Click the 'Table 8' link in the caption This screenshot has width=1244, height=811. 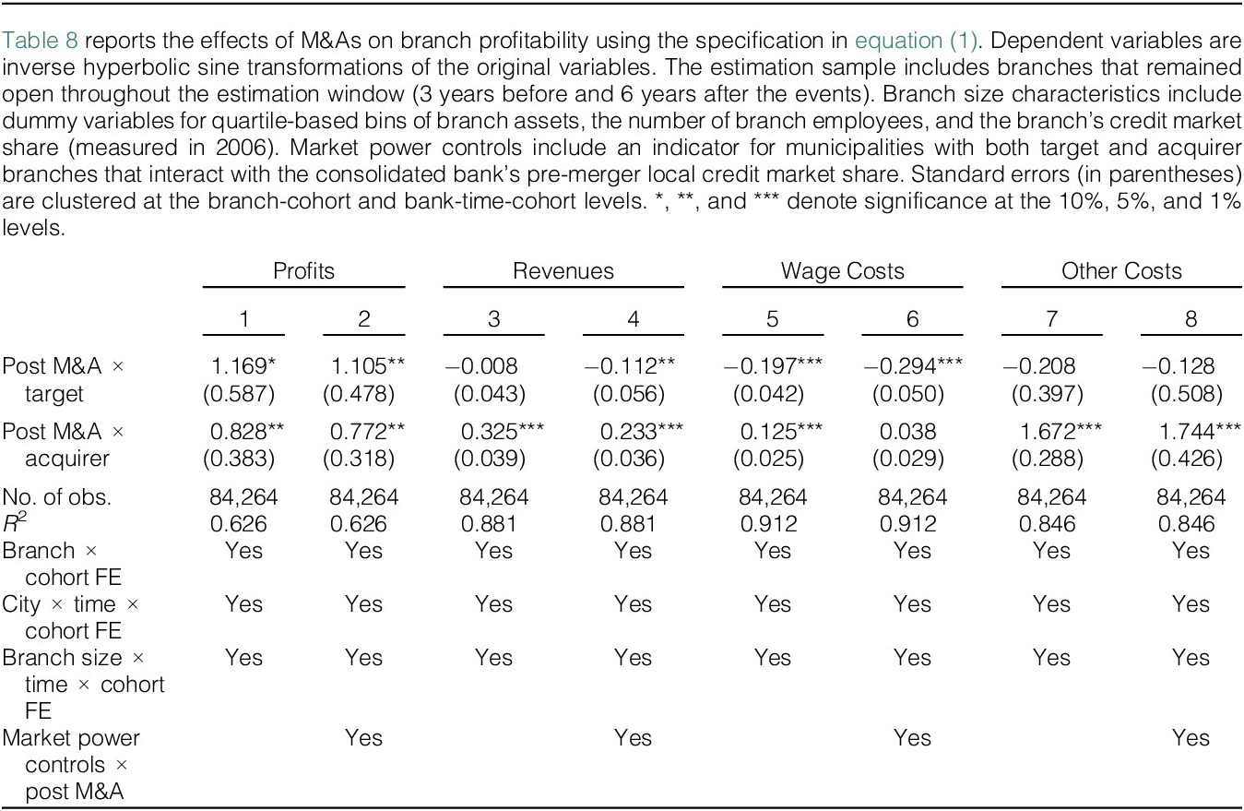coord(40,41)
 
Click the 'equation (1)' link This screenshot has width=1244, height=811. coord(915,41)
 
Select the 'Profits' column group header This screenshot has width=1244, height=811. coord(303,271)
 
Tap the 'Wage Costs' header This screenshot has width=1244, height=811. coord(843,271)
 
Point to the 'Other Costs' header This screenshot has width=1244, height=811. coord(1121,271)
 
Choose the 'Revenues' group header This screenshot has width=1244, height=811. coord(563,271)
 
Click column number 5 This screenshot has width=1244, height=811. coord(773,319)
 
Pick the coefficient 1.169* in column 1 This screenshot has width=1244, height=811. coord(243,366)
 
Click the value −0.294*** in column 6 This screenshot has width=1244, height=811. coord(912,366)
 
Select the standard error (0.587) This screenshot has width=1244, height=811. coord(239,394)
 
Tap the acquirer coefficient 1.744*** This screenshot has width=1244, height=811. coord(1200,432)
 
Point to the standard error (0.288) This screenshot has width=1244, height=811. coord(1048,459)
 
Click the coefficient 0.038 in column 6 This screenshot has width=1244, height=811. coord(908,432)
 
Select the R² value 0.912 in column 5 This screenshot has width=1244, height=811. coord(768,524)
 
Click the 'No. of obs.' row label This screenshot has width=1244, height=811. coord(56,496)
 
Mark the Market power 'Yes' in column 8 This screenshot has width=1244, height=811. coord(1191,738)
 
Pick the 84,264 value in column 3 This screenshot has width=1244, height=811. coord(493,496)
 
